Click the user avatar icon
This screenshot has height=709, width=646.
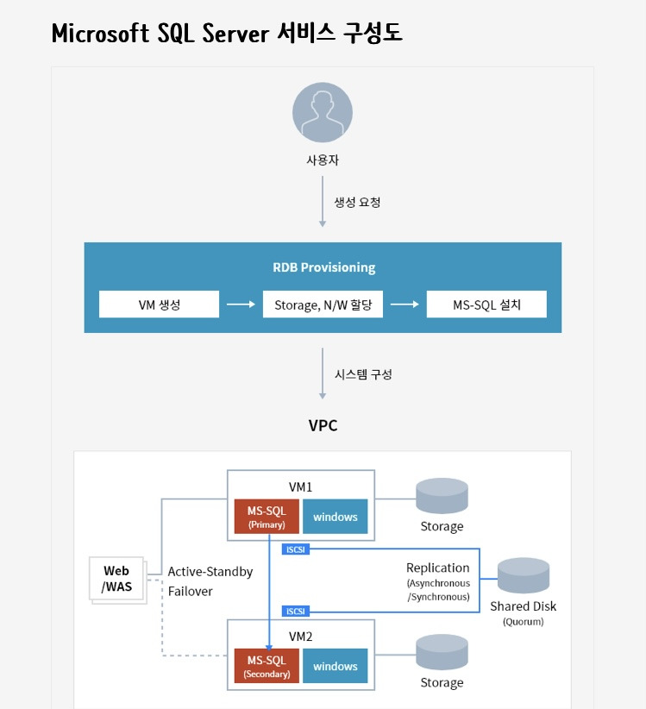pyautogui.click(x=323, y=112)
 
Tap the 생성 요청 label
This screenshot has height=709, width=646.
pyautogui.click(x=357, y=202)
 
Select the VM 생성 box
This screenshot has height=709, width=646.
pyautogui.click(x=159, y=304)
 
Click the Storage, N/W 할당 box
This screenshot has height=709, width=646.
pyautogui.click(x=323, y=304)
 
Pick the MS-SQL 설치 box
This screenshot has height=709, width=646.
pyautogui.click(x=486, y=304)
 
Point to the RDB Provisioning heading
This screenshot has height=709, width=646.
pyautogui.click(x=323, y=267)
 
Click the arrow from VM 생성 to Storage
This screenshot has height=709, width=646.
pyautogui.click(x=241, y=304)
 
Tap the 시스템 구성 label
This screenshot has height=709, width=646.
pyautogui.click(x=363, y=374)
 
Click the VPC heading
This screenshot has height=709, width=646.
pyautogui.click(x=323, y=425)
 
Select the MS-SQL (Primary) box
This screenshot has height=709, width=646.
pyautogui.click(x=267, y=517)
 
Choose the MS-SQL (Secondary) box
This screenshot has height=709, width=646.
pyautogui.click(x=267, y=666)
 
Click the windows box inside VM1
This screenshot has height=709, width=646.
pyautogui.click(x=335, y=517)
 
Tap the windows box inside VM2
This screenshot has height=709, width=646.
pyautogui.click(x=335, y=666)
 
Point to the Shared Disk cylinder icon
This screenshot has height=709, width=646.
pyautogui.click(x=523, y=575)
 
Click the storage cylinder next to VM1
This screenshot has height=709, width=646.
pyautogui.click(x=442, y=496)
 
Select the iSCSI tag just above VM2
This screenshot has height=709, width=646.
pyautogui.click(x=296, y=612)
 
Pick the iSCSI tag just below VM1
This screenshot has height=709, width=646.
pyautogui.click(x=296, y=549)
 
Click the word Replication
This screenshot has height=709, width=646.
pyautogui.click(x=437, y=568)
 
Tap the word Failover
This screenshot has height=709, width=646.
pyautogui.click(x=190, y=591)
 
